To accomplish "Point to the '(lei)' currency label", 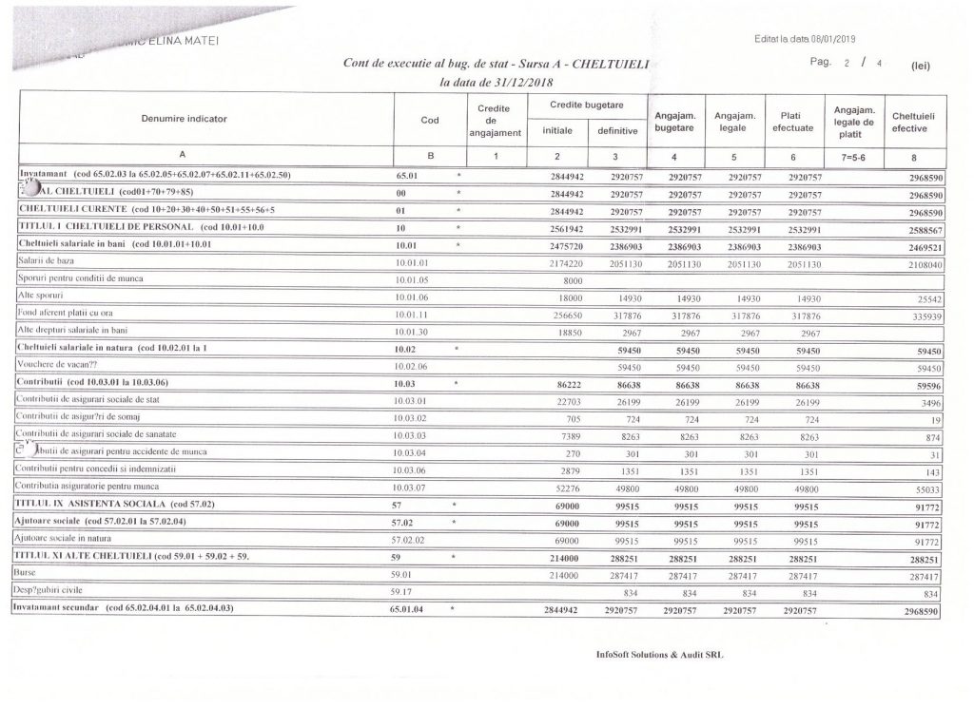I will [x=921, y=67].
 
